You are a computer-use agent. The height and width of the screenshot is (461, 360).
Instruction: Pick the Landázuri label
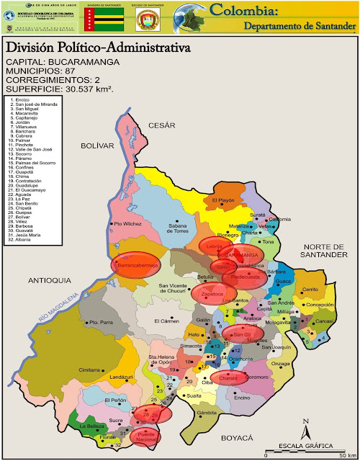[122, 376]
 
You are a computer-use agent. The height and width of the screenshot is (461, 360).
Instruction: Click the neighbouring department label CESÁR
[162, 125]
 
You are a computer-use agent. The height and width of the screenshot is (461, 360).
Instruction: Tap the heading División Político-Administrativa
[98, 48]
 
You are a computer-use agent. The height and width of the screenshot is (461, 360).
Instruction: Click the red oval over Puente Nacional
[145, 436]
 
